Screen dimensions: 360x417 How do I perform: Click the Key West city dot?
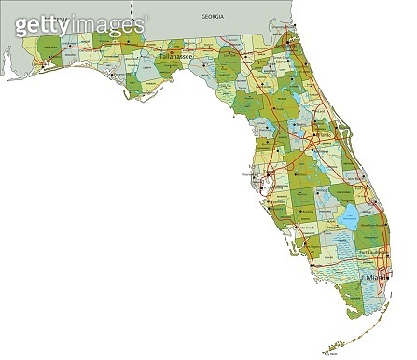[327, 351]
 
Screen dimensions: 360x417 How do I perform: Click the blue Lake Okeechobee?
[349, 218]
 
